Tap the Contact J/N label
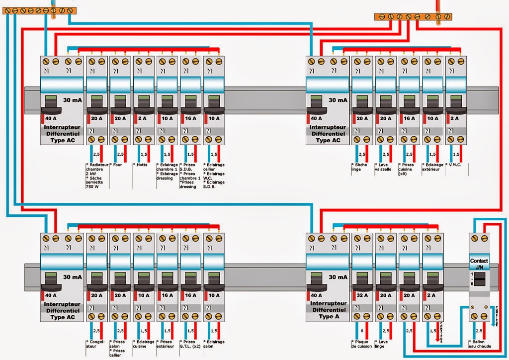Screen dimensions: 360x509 (479, 264)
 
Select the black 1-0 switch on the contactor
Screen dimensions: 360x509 (479, 281)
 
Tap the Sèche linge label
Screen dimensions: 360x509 (359, 167)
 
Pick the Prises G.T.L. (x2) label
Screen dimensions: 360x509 (191, 344)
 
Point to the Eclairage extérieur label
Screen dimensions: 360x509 (431, 167)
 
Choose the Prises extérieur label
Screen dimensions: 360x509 (168, 344)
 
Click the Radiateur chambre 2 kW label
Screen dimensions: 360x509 (97, 169)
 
